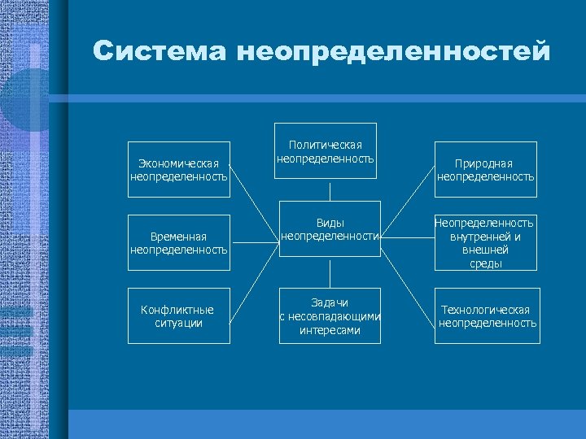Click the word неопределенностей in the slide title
[394, 52]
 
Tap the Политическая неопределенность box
[325, 151]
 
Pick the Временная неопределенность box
[179, 242]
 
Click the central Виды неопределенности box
[330, 229]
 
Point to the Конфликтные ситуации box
[177, 316]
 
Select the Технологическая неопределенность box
[486, 316]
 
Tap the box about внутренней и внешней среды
[485, 242]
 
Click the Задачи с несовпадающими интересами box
[330, 316]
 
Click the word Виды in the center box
[330, 223]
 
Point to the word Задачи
[330, 302]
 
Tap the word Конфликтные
[177, 310]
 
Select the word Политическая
[325, 145]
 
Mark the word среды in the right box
[485, 263]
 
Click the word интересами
[330, 330]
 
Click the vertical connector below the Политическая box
[330, 190]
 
